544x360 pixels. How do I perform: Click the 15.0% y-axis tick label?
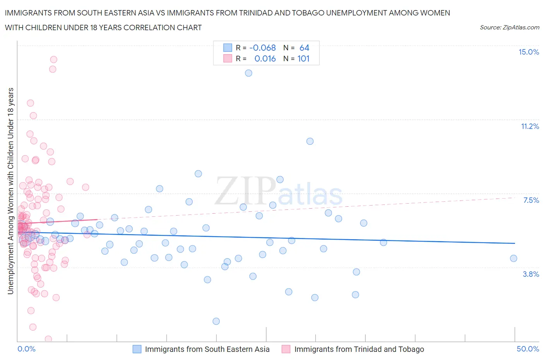[x=529, y=52]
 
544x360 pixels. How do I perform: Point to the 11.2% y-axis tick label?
[x=530, y=127]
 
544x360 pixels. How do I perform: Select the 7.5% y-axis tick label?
[x=531, y=200]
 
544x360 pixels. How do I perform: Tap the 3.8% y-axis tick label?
[x=531, y=274]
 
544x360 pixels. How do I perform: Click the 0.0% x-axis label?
[x=26, y=349]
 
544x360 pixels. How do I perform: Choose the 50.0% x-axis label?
[x=528, y=349]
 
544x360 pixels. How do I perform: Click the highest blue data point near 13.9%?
[x=248, y=73]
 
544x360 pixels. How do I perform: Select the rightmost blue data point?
[x=513, y=259]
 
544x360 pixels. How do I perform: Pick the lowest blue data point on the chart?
[x=216, y=321]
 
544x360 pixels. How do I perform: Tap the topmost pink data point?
[x=54, y=60]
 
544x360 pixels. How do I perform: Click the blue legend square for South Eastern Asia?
[x=137, y=349]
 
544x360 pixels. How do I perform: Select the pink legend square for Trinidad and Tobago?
[x=286, y=349]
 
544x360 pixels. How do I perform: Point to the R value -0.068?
[x=263, y=48]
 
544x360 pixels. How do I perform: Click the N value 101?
[x=303, y=59]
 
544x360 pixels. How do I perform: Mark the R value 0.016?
[x=265, y=59]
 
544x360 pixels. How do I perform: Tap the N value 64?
[x=305, y=48]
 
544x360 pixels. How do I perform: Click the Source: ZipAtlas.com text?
[x=509, y=27]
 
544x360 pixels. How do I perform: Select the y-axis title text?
[x=11, y=191]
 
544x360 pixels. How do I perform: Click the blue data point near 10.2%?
[x=310, y=141]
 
